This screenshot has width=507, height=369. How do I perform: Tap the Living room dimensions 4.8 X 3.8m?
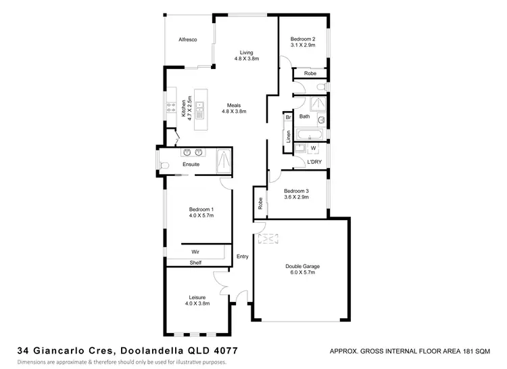point(245,59)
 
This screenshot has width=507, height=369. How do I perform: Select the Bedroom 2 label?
point(303,39)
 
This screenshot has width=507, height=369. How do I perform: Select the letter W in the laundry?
point(313,148)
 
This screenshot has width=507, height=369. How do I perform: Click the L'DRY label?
point(314,162)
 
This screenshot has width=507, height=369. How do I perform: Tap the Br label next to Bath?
point(288,117)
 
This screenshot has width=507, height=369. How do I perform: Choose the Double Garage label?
point(302,266)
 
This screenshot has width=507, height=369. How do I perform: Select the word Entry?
point(243,257)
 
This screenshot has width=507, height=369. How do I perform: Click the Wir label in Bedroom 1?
point(195,251)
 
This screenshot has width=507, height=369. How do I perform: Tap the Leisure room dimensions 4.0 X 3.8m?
point(197,304)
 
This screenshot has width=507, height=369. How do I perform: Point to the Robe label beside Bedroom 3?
point(260,203)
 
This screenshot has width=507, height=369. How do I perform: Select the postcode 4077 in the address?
point(223,351)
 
